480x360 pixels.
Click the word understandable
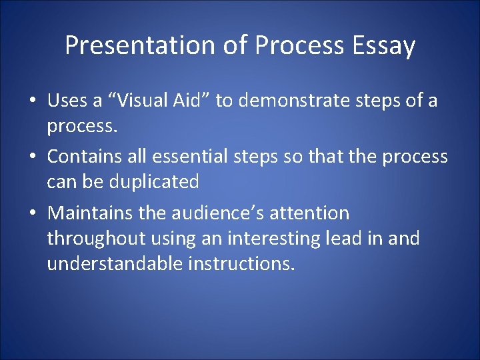[115, 263]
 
